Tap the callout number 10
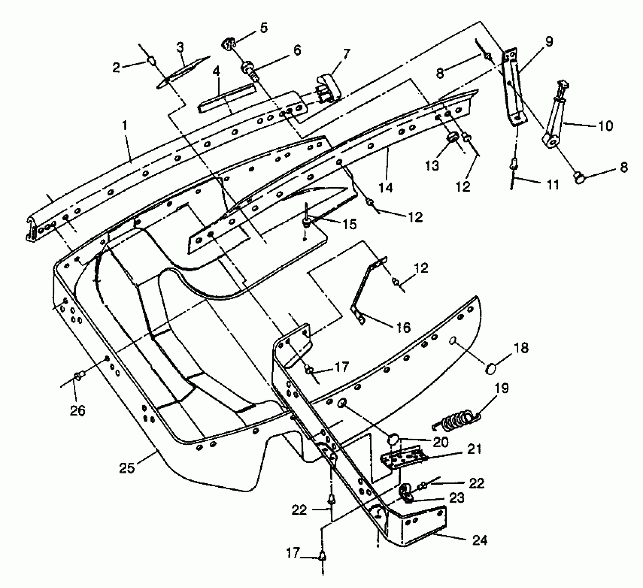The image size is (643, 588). [x=605, y=126]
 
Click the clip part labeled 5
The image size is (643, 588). [x=228, y=44]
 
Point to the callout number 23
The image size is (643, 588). [x=456, y=498]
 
